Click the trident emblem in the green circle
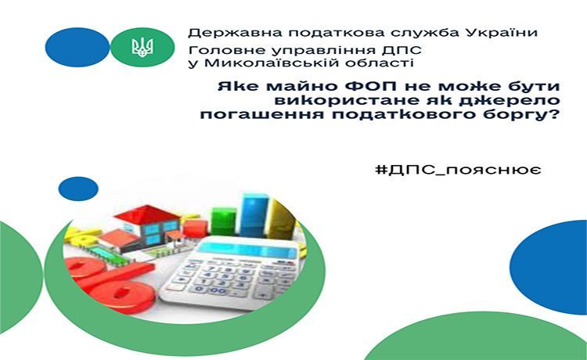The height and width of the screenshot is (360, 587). click(142, 47)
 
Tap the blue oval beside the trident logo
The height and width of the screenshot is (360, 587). click(77, 47)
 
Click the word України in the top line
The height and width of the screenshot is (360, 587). click(501, 33)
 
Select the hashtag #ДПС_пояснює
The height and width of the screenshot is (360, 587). click(458, 171)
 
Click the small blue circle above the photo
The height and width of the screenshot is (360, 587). click(78, 189)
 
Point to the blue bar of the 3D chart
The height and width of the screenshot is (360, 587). click(254, 215)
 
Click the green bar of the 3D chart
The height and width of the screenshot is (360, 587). click(224, 221)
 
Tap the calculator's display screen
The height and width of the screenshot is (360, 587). click(247, 249)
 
